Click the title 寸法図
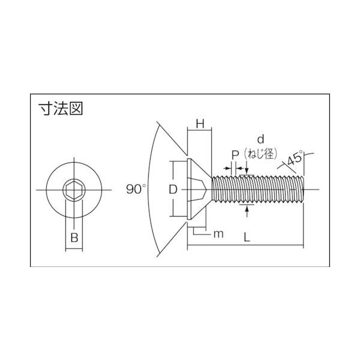point(61,109)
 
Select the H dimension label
point(200,124)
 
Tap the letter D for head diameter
point(173,190)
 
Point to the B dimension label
point(74,238)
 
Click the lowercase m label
point(218,234)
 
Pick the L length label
point(247,237)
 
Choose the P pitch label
point(235,155)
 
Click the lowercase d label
point(260,139)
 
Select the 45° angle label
point(295,158)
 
